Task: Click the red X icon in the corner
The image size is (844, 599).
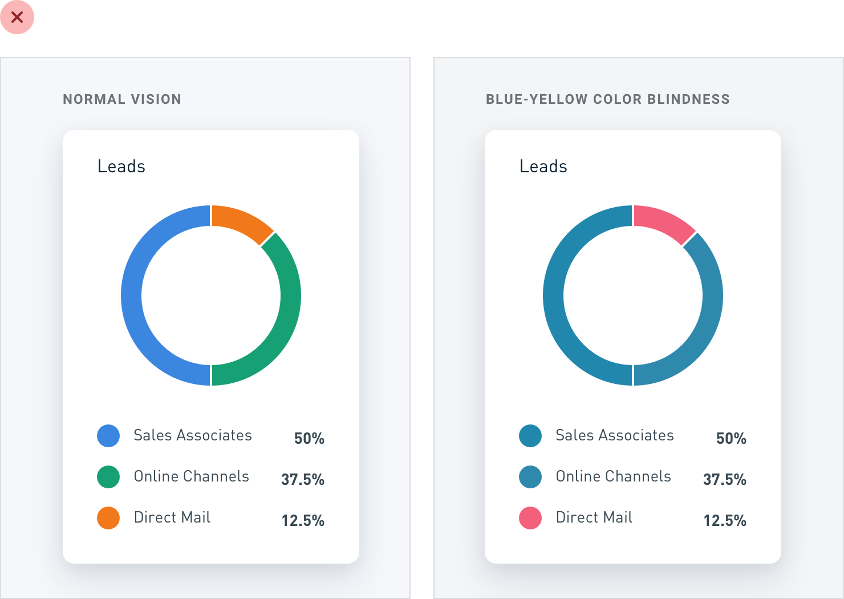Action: tap(17, 17)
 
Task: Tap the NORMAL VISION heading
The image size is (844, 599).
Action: tap(122, 99)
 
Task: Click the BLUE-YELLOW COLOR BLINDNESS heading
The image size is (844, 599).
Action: tap(608, 99)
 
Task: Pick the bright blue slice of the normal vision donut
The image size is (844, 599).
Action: tap(131, 296)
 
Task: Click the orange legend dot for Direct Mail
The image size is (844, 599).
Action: tap(108, 518)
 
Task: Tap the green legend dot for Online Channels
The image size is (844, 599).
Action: tap(108, 477)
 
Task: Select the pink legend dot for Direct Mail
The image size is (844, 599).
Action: tap(530, 518)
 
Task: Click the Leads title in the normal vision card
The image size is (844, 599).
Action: tap(121, 166)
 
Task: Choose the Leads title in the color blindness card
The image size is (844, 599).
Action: tap(543, 166)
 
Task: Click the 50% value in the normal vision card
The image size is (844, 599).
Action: tap(309, 439)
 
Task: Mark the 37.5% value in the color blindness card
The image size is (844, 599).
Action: tap(725, 480)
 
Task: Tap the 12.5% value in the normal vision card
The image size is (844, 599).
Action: tap(303, 521)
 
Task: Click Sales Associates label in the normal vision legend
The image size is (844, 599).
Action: tap(193, 435)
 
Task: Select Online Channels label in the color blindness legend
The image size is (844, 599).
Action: tap(614, 476)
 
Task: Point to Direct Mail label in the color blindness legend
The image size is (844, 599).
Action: tap(594, 517)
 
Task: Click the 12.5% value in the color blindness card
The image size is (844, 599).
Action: tap(725, 521)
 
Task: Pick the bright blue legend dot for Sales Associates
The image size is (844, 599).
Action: tap(108, 436)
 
